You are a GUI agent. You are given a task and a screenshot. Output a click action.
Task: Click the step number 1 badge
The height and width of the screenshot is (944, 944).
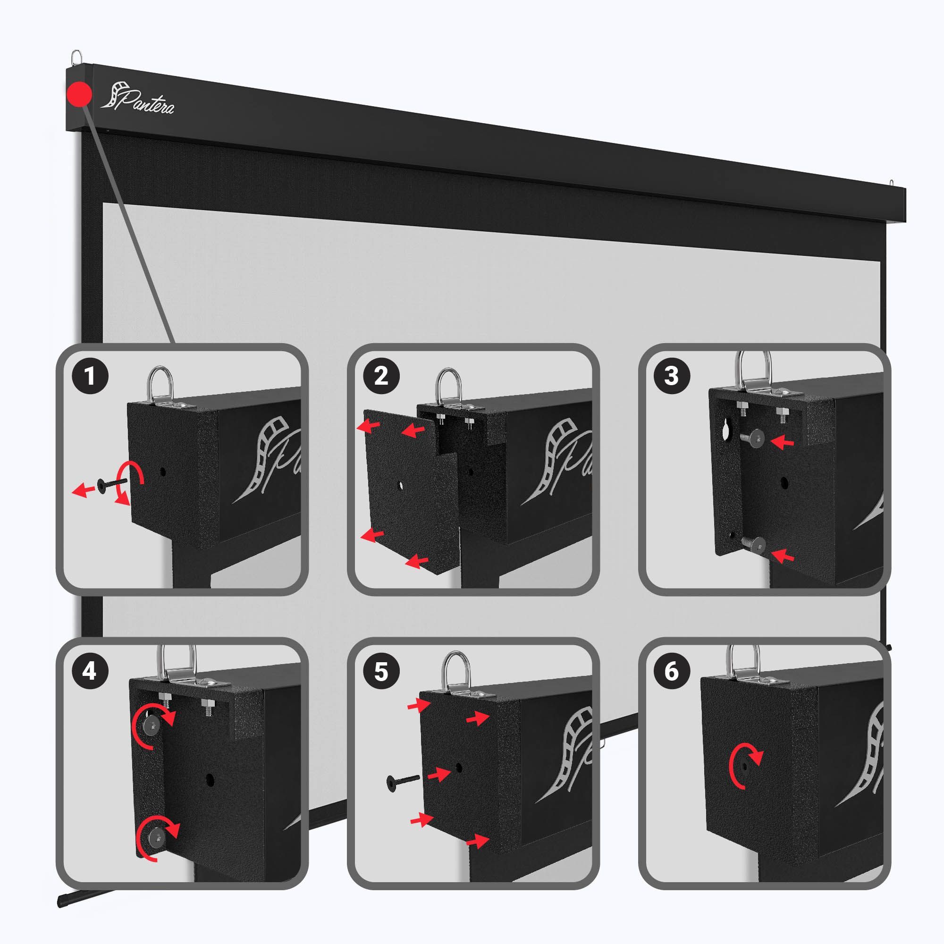click(90, 376)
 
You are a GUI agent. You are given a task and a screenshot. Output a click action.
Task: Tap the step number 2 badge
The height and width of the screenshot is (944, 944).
click(381, 376)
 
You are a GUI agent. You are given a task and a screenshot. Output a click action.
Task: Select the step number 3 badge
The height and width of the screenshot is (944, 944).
click(672, 376)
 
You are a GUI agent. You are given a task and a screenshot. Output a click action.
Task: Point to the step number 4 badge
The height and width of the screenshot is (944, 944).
click(90, 671)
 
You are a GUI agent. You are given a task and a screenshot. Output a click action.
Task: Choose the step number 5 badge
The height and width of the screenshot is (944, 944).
click(381, 671)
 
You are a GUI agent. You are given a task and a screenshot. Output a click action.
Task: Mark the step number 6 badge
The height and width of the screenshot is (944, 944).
click(672, 671)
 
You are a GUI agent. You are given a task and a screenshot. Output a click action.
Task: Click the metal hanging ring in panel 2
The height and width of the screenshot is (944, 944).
click(448, 386)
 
